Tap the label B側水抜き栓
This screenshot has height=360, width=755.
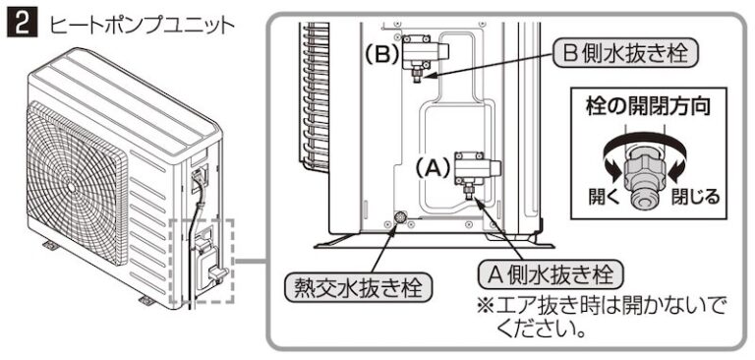pyautogui.click(x=624, y=53)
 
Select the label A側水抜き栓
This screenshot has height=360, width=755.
pyautogui.click(x=551, y=275)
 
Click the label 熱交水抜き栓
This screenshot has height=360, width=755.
pyautogui.click(x=358, y=288)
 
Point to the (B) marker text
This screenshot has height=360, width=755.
pyautogui.click(x=381, y=55)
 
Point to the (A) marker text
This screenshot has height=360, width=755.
pyautogui.click(x=434, y=169)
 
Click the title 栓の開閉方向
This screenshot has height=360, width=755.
pyautogui.click(x=648, y=107)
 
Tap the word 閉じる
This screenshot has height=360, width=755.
pyautogui.click(x=695, y=196)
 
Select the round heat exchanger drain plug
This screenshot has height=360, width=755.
pyautogui.click(x=399, y=217)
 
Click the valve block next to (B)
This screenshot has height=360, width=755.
pyautogui.click(x=426, y=50)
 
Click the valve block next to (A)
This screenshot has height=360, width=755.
pyautogui.click(x=478, y=168)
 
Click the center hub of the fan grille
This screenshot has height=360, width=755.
pyautogui.click(x=72, y=187)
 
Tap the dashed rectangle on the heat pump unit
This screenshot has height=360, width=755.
pyautogui.click(x=203, y=261)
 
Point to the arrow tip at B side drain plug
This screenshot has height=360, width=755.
pyautogui.click(x=427, y=76)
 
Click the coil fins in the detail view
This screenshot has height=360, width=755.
pyautogui.click(x=316, y=97)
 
